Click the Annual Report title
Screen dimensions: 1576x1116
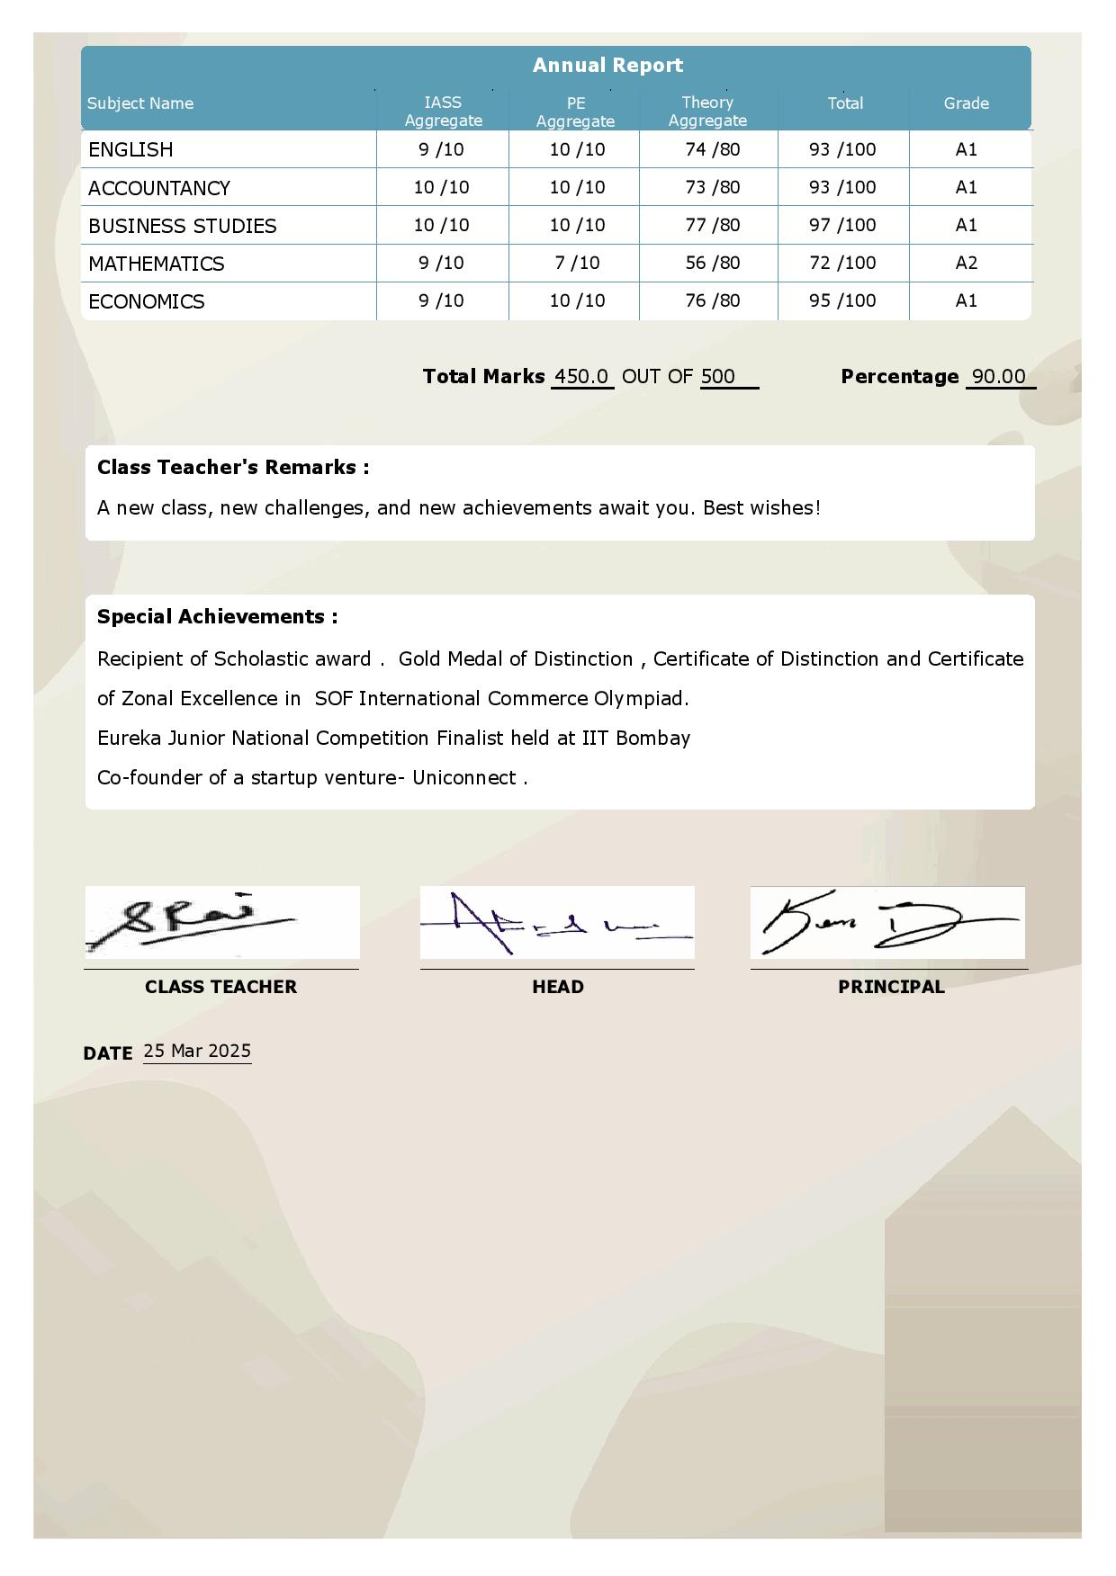coord(607,65)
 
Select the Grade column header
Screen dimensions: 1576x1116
coord(966,103)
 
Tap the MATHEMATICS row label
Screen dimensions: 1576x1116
coord(157,264)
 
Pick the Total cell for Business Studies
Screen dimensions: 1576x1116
coord(842,225)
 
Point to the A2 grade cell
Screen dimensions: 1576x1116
coord(966,263)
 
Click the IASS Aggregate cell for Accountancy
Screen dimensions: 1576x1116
coord(441,187)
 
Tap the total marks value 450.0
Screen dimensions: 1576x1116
coord(581,376)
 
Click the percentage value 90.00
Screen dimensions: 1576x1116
coord(999,376)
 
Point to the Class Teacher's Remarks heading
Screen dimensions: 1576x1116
coord(233,468)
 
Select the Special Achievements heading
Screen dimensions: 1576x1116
coord(218,617)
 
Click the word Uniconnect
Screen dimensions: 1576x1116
coord(464,778)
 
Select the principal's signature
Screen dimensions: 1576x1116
coord(886,923)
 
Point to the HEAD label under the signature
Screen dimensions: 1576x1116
coord(558,987)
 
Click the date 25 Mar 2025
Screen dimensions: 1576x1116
coord(197,1051)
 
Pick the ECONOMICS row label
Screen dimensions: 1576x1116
coord(147,301)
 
